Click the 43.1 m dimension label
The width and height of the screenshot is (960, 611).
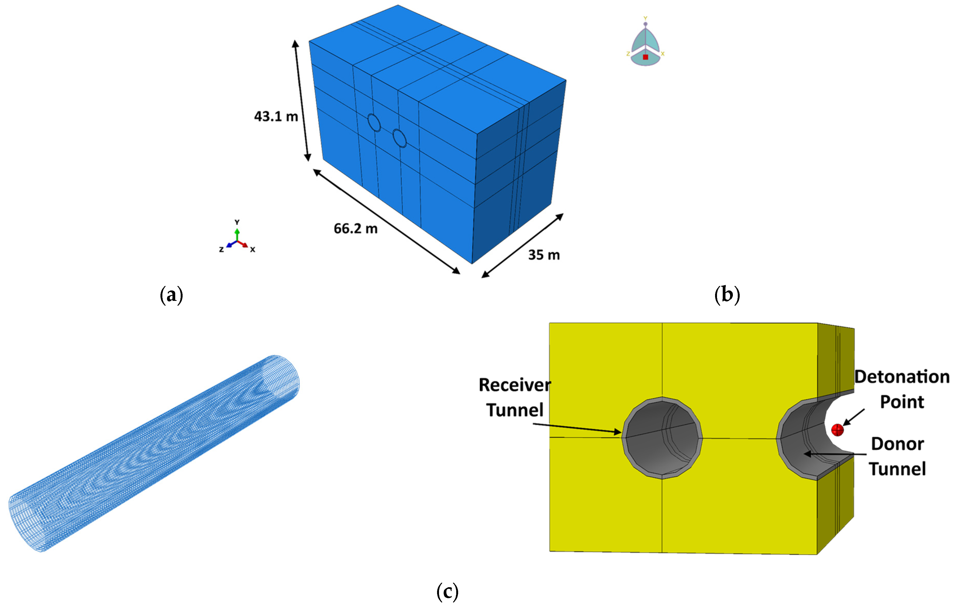276,117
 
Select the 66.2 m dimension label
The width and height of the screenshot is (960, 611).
355,229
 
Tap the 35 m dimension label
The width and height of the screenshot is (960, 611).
544,255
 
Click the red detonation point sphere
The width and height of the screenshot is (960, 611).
837,430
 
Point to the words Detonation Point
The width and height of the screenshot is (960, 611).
902,389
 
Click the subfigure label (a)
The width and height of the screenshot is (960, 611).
171,295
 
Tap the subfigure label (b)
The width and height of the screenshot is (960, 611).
727,295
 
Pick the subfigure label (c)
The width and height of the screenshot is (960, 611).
447,592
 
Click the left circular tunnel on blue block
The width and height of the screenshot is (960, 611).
374,123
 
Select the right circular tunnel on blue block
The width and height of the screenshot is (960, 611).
399,138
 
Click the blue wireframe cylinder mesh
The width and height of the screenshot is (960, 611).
154,453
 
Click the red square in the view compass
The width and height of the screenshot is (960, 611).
645,57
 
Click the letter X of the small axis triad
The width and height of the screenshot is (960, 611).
252,250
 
